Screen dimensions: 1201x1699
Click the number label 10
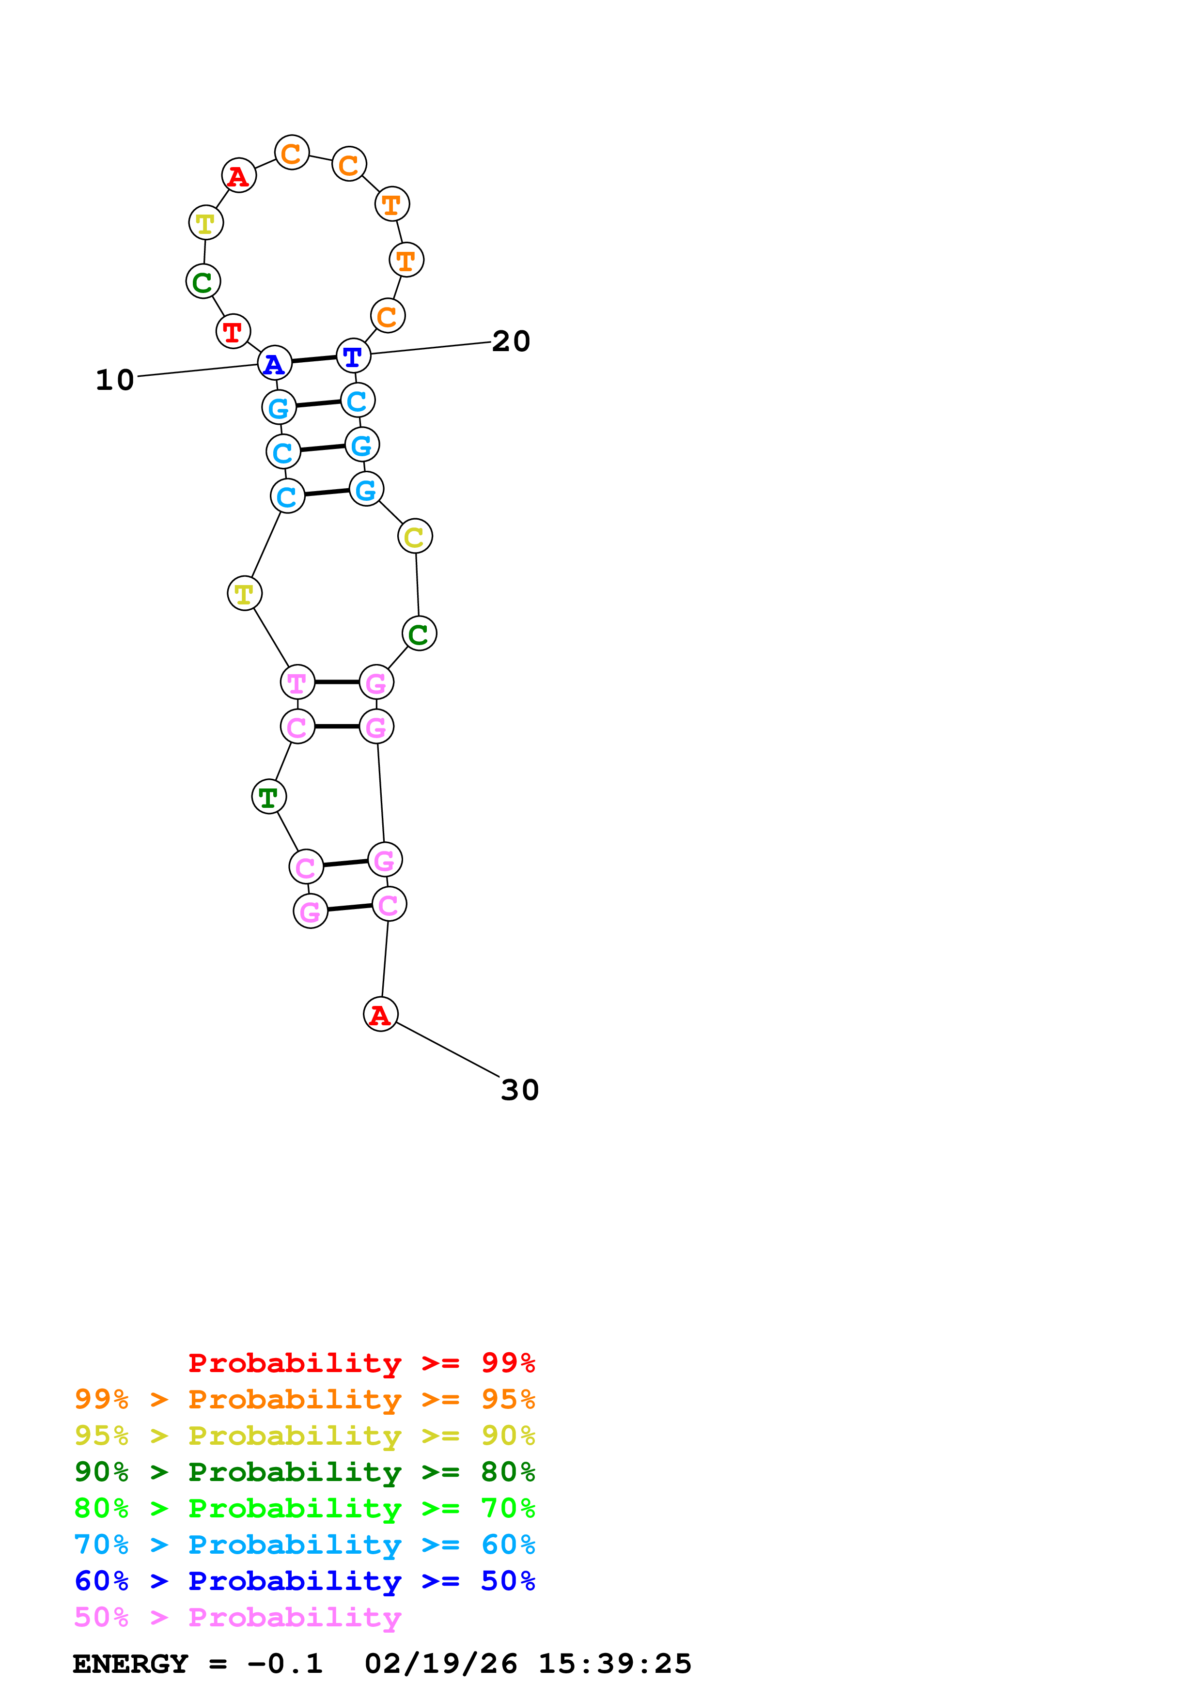pyautogui.click(x=115, y=380)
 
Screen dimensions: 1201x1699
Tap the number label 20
pyautogui.click(x=511, y=342)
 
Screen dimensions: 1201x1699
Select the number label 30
pyautogui.click(x=519, y=1090)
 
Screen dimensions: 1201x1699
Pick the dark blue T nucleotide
pyautogui.click(x=353, y=356)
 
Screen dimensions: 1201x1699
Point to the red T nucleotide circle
pyautogui.click(x=233, y=331)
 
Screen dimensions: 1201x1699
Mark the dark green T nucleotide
pyautogui.click(x=268, y=797)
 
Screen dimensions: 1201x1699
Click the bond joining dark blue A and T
pyautogui.click(x=314, y=360)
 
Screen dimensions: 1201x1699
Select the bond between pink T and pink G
pyautogui.click(x=337, y=682)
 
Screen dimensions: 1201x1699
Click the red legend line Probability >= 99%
pyautogui.click(x=361, y=1363)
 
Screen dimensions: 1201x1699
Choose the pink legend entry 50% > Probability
pyautogui.click(x=237, y=1618)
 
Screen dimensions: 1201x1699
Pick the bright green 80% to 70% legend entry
pyautogui.click(x=304, y=1508)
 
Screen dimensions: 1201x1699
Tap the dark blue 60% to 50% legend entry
pyautogui.click(x=304, y=1581)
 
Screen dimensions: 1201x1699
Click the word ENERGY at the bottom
pyautogui.click(x=130, y=1664)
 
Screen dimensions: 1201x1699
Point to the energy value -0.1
pyautogui.click(x=285, y=1664)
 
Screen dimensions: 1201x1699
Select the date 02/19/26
pyautogui.click(x=440, y=1664)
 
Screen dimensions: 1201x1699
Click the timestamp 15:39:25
pyautogui.click(x=614, y=1664)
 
